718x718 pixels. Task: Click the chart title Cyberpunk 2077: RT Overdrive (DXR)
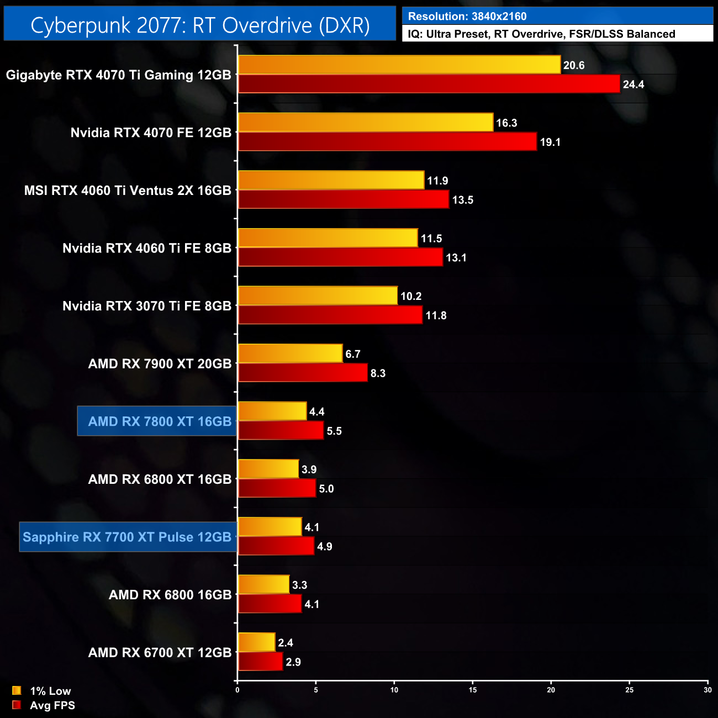pyautogui.click(x=200, y=25)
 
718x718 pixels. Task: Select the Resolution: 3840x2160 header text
pyautogui.click(x=467, y=17)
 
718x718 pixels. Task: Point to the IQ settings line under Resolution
pyautogui.click(x=541, y=34)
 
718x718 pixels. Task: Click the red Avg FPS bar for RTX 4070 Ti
pyautogui.click(x=429, y=84)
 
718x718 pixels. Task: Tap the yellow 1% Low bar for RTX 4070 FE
pyautogui.click(x=365, y=123)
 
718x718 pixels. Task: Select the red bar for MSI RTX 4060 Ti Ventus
pyautogui.click(x=343, y=199)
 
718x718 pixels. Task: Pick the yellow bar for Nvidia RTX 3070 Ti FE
pyautogui.click(x=318, y=296)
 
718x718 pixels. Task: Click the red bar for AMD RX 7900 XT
pyautogui.click(x=303, y=373)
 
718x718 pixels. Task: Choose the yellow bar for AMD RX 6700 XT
pyautogui.click(x=256, y=642)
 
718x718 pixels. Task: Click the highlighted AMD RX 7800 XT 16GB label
pyautogui.click(x=159, y=421)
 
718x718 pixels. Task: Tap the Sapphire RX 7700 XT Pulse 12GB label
pyautogui.click(x=127, y=537)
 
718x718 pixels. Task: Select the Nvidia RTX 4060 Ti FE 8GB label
pyautogui.click(x=147, y=249)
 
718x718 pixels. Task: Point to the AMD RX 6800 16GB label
pyautogui.click(x=170, y=595)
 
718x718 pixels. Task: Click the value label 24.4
pyautogui.click(x=633, y=85)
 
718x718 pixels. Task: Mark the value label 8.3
pyautogui.click(x=378, y=373)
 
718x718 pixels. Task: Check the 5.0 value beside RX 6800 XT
pyautogui.click(x=326, y=489)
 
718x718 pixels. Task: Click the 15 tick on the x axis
pyautogui.click(x=473, y=690)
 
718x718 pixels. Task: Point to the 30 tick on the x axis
pyautogui.click(x=708, y=690)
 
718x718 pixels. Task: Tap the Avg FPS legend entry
pyautogui.click(x=44, y=705)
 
